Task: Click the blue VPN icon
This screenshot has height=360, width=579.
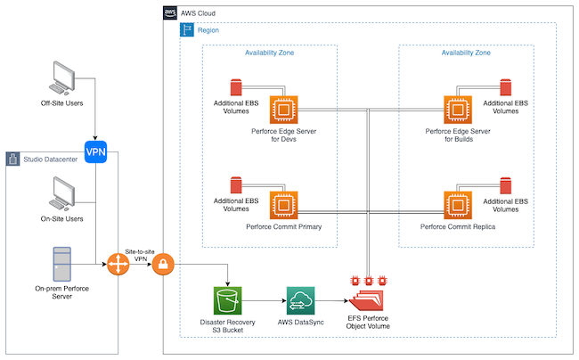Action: [x=95, y=151]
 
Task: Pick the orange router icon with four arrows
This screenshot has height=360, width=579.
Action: [x=118, y=265]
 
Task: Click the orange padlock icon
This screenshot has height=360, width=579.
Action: [x=164, y=265]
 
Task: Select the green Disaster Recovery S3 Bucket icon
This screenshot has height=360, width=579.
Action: [x=228, y=300]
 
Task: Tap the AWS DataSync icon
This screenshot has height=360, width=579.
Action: [x=300, y=300]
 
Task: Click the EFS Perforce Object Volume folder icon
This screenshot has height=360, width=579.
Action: [x=368, y=297]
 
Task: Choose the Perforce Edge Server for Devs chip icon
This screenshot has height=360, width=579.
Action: [x=283, y=109]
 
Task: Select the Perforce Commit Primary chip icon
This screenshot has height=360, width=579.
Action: [x=283, y=205]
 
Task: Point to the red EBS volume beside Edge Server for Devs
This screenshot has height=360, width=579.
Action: [x=236, y=88]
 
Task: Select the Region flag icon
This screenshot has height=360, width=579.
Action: [x=187, y=30]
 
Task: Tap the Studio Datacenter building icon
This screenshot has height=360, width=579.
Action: [x=14, y=160]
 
